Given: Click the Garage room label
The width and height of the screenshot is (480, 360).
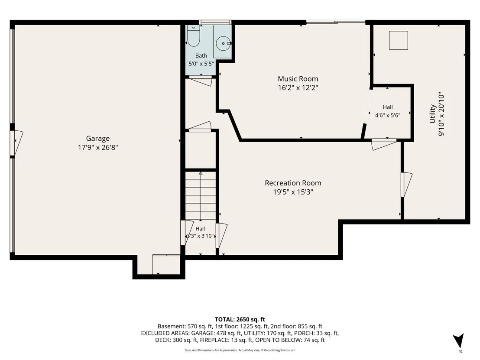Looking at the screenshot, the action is tap(97, 138).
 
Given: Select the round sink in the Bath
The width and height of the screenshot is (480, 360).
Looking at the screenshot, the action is tap(223, 43).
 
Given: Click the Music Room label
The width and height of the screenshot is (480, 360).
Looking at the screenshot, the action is tap(298, 79).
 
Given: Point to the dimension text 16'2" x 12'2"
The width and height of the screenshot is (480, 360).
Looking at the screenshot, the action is tap(298, 88).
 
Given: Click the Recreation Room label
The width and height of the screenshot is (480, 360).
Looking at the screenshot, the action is tap(293, 183).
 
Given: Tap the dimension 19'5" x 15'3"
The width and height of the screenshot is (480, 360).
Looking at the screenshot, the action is tap(293, 192).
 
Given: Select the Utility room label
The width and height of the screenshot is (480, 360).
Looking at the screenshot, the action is tap(432, 114).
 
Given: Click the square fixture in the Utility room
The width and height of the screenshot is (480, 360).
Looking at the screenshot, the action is tap(398, 40).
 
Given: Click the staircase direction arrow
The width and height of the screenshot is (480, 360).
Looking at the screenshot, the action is tap(201, 196).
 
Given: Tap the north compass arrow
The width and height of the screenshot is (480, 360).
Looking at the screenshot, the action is tap(459, 341).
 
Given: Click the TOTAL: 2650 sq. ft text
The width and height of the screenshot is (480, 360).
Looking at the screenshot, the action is tap(240, 320).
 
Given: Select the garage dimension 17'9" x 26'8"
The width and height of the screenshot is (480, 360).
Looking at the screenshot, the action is tap(97, 148).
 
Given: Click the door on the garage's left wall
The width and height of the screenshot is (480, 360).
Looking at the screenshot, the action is tap(16, 143).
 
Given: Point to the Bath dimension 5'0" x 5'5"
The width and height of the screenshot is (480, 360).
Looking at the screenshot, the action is tap(201, 64).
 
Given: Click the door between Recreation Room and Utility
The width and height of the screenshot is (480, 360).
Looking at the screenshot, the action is tap(406, 185).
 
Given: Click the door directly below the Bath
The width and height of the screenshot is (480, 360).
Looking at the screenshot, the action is tap(201, 80).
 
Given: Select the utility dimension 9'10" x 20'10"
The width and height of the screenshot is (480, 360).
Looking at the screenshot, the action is tap(441, 114).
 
